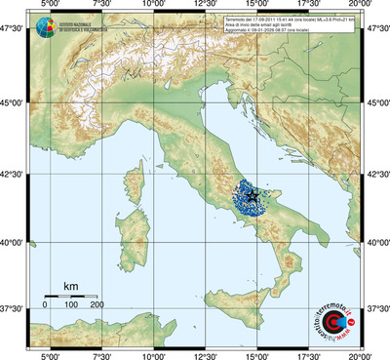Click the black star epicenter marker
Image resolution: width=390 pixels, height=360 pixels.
click(x=253, y=196)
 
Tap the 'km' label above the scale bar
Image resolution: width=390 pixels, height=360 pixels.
click(x=70, y=286)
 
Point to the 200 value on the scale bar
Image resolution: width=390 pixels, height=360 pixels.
click(x=97, y=304)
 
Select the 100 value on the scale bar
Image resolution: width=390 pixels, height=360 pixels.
click(x=71, y=304)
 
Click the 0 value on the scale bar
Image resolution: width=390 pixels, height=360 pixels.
click(x=45, y=304)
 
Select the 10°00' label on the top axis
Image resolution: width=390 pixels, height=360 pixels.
click(x=153, y=6)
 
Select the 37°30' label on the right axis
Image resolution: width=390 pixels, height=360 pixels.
click(x=377, y=308)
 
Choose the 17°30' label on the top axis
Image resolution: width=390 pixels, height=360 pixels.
click(x=310, y=6)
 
